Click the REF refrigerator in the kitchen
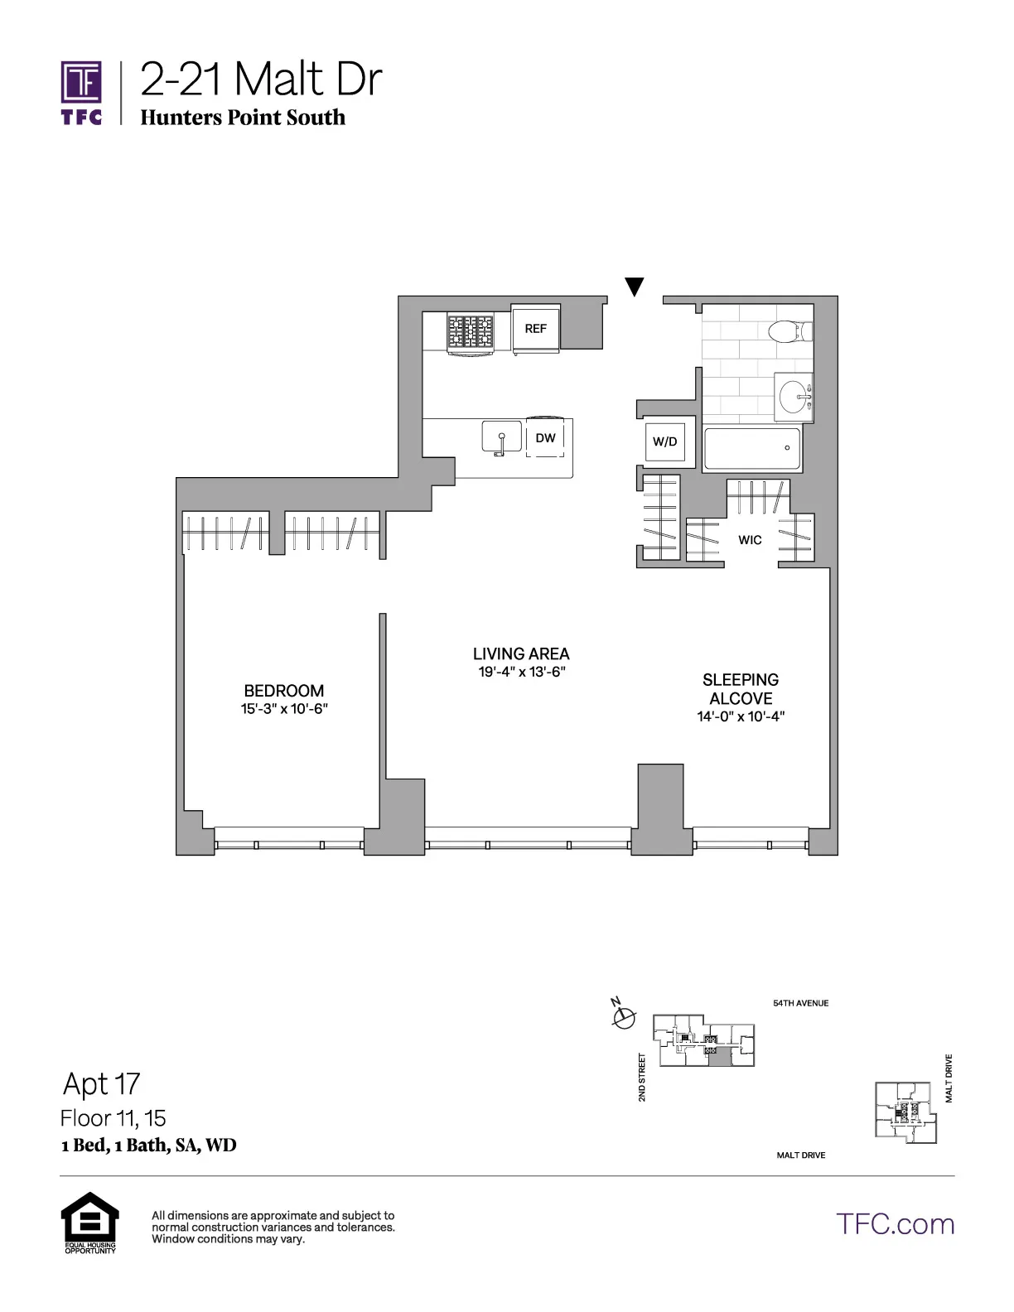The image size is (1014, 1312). coord(536,329)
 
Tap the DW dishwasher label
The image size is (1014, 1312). coord(545,438)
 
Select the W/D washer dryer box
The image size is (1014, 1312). coord(665,441)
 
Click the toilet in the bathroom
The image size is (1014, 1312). coord(788,332)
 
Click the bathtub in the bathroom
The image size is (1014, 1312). coord(751,449)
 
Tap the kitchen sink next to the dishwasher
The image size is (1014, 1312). coord(501,437)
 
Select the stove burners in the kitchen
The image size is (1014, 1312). coord(470,332)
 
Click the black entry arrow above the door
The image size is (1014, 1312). coord(635,287)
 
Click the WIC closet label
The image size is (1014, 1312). coord(750,540)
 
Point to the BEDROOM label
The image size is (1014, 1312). coord(284,691)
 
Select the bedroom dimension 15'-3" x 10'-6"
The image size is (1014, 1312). coord(284,709)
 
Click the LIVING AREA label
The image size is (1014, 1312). coord(521,654)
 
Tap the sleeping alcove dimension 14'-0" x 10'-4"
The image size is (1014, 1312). coord(741,717)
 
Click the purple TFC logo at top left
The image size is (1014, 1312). coord(82,93)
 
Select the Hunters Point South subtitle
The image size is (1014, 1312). coord(243,118)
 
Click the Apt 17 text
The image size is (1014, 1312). coord(102,1083)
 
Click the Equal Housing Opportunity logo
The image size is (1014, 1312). coord(90,1222)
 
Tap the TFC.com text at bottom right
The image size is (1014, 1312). coord(895,1224)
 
